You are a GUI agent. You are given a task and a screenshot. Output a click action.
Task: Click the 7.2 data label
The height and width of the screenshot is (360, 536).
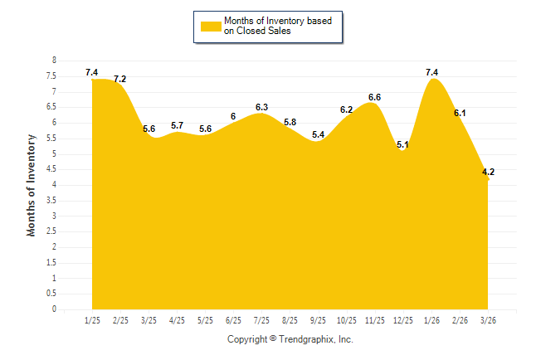pos(120,80)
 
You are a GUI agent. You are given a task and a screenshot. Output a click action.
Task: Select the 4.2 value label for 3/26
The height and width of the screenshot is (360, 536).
pos(489,173)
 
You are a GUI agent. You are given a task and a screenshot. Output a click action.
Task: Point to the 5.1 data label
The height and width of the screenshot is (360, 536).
pos(403,145)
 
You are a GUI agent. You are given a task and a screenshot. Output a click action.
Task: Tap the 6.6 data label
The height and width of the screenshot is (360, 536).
pos(375,98)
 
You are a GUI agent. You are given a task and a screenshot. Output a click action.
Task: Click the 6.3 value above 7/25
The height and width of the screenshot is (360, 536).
pos(261,107)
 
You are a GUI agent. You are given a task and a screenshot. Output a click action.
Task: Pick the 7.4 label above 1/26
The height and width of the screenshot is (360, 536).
pos(431,73)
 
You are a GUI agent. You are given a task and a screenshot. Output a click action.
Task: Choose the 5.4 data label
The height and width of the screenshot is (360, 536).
pos(318,134)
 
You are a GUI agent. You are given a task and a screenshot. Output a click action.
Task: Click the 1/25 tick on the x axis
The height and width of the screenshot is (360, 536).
pos(92,319)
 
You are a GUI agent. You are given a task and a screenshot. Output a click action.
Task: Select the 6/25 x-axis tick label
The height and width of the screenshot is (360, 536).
pos(233,319)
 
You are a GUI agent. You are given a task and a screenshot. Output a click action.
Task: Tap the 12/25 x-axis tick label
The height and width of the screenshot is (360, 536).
pos(403,319)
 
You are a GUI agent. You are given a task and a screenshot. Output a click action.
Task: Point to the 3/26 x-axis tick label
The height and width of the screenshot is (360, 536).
pos(488,319)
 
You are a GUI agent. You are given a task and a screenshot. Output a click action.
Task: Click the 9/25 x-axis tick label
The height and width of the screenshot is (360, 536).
pos(318,319)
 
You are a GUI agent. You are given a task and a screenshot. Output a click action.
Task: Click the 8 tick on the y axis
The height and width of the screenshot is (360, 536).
pos(54,61)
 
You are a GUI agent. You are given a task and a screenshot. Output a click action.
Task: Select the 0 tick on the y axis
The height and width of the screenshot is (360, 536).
pos(54,309)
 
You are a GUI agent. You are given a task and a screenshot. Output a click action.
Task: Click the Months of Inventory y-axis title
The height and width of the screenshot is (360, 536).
pos(32,185)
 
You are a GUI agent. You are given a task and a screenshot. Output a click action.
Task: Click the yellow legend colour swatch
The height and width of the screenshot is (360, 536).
pos(210,26)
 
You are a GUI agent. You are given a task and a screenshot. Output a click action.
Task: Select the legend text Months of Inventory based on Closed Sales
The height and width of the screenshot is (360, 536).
pos(278,26)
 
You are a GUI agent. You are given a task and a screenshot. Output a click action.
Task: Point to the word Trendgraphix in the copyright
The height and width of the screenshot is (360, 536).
pos(306,339)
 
